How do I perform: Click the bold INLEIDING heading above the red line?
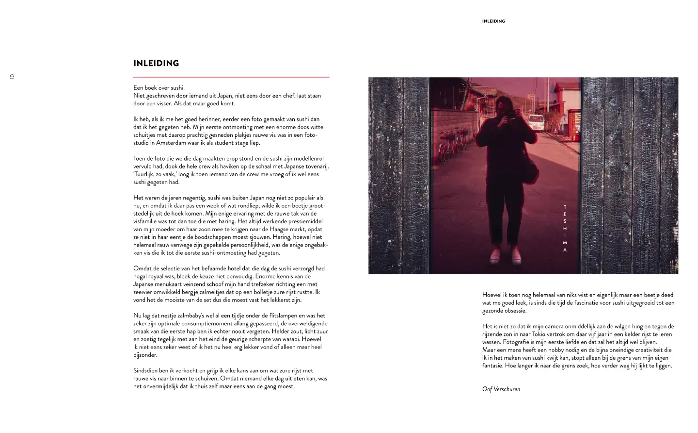[x=156, y=64]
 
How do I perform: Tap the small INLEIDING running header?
[x=493, y=21]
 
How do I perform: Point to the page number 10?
[x=13, y=77]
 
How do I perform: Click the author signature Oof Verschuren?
[x=501, y=389]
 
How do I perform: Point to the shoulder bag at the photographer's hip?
[x=530, y=168]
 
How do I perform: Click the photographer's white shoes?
[x=505, y=255]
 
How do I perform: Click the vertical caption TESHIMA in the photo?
[x=565, y=228]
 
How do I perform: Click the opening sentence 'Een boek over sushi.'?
[x=159, y=88]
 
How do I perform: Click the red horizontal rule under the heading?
[x=231, y=77]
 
